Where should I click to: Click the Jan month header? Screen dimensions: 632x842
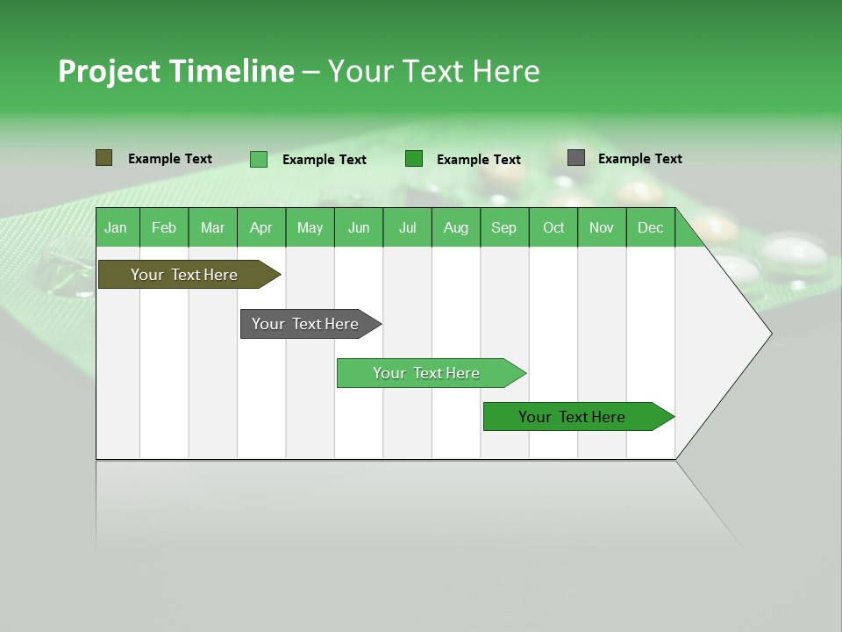point(116,228)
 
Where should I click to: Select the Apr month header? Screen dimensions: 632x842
point(260,228)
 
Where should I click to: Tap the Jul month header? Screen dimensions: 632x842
point(407,228)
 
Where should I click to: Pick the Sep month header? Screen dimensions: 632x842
point(503,228)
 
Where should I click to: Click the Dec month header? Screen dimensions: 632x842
point(650,228)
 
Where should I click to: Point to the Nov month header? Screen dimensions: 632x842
point(601,228)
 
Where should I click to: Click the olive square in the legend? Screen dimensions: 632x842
point(103,158)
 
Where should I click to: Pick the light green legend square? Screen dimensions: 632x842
point(259,159)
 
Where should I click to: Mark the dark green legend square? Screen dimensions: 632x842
point(414,159)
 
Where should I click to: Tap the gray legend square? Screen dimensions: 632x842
point(576,158)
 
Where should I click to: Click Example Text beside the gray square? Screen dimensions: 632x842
point(639,159)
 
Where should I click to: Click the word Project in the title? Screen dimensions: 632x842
point(109,72)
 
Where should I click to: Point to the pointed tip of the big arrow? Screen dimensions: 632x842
point(769,334)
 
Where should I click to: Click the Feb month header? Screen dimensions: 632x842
point(164,228)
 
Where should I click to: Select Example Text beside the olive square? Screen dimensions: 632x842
point(169,159)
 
